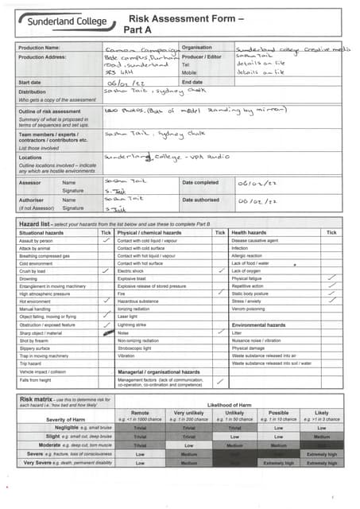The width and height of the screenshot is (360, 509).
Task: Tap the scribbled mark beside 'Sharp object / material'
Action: pos(106,332)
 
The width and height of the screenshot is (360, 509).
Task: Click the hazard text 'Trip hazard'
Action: pos(32,363)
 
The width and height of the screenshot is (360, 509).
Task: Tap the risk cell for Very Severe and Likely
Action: pos(321,462)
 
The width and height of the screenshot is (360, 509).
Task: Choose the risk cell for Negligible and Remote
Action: pos(140,427)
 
